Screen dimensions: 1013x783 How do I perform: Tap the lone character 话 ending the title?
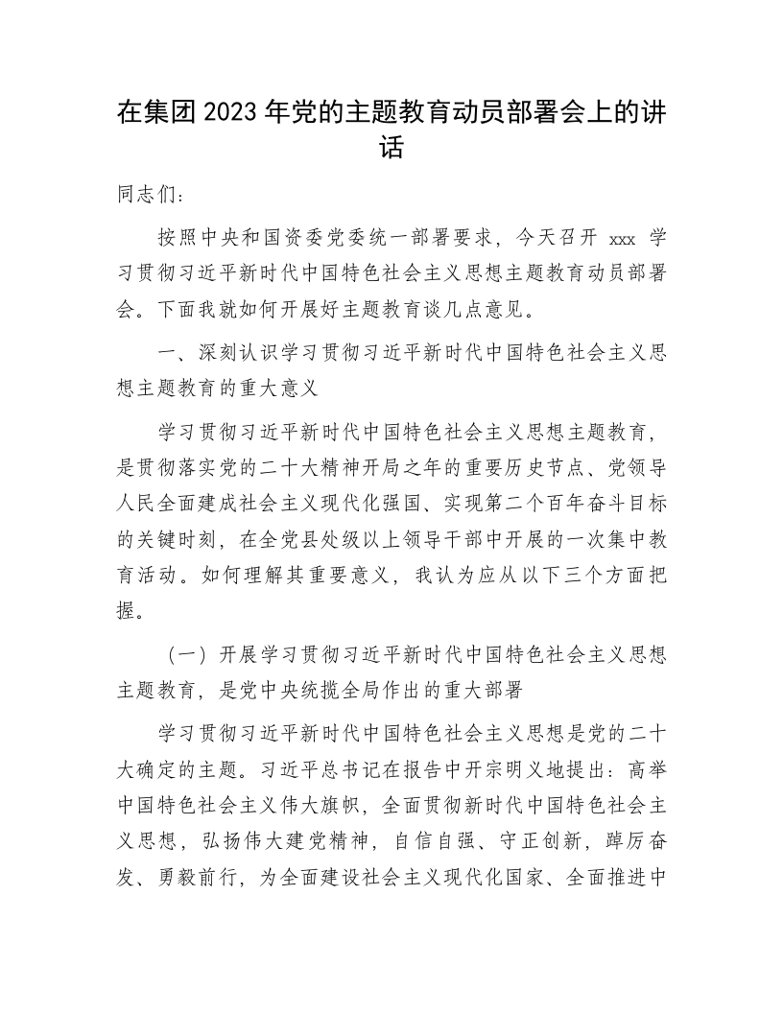point(391,149)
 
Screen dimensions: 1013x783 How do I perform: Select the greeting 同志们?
point(144,194)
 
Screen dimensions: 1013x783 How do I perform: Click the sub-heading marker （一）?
point(187,655)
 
